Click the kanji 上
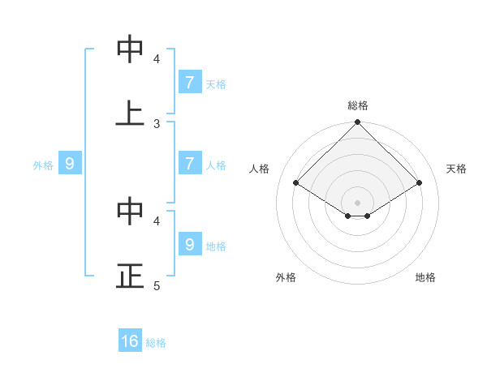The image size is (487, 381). point(130,114)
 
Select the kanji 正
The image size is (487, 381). point(130,276)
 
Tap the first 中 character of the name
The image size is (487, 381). point(130,49)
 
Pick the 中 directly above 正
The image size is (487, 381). point(130,212)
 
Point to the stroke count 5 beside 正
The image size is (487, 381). point(157,285)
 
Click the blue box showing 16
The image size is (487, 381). point(130,341)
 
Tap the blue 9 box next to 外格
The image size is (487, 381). point(70,164)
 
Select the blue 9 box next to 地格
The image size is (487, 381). point(189,244)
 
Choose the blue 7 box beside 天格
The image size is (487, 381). point(189,83)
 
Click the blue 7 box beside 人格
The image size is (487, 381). point(189,164)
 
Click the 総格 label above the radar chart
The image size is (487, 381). point(358,105)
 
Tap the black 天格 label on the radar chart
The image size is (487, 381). point(456,169)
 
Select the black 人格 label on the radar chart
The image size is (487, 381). point(260,169)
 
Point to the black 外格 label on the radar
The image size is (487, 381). point(286,277)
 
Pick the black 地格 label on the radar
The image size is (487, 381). point(425,277)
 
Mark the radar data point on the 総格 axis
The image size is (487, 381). point(358,123)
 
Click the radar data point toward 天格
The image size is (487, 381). point(420,183)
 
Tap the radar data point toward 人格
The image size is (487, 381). point(296,183)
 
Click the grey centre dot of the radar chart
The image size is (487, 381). point(358,203)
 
